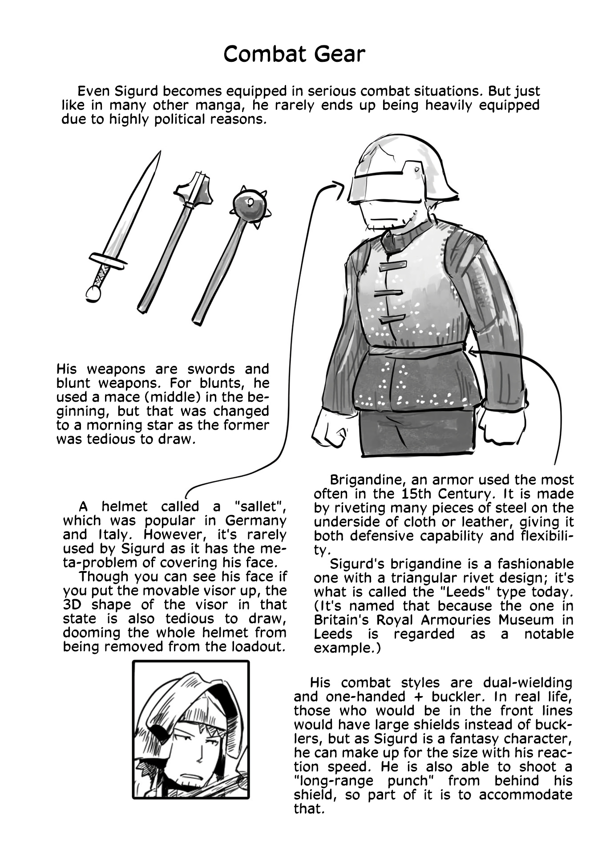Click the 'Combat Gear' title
pos(294,54)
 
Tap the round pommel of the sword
pos(93,293)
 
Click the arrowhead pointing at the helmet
pos(339,186)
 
